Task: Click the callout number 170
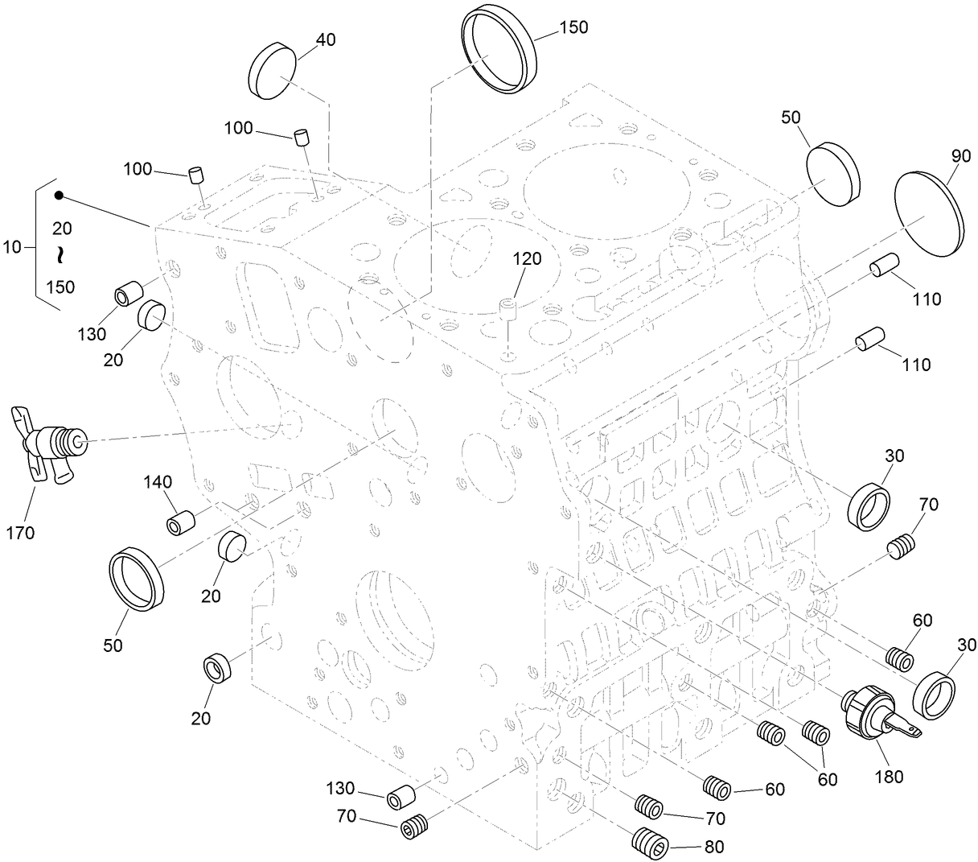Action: pyautogui.click(x=19, y=532)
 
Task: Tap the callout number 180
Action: pyautogui.click(x=888, y=777)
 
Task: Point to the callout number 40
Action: pyautogui.click(x=325, y=40)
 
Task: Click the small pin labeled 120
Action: pyautogui.click(x=505, y=309)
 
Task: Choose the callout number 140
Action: pyautogui.click(x=158, y=482)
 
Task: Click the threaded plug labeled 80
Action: pyautogui.click(x=650, y=843)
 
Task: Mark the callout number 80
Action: pyautogui.click(x=713, y=847)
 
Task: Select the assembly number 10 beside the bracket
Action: pyautogui.click(x=13, y=247)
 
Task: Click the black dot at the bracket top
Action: pyautogui.click(x=59, y=196)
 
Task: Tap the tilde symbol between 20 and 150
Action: pyautogui.click(x=60, y=256)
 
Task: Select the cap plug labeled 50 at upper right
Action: pyautogui.click(x=833, y=171)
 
